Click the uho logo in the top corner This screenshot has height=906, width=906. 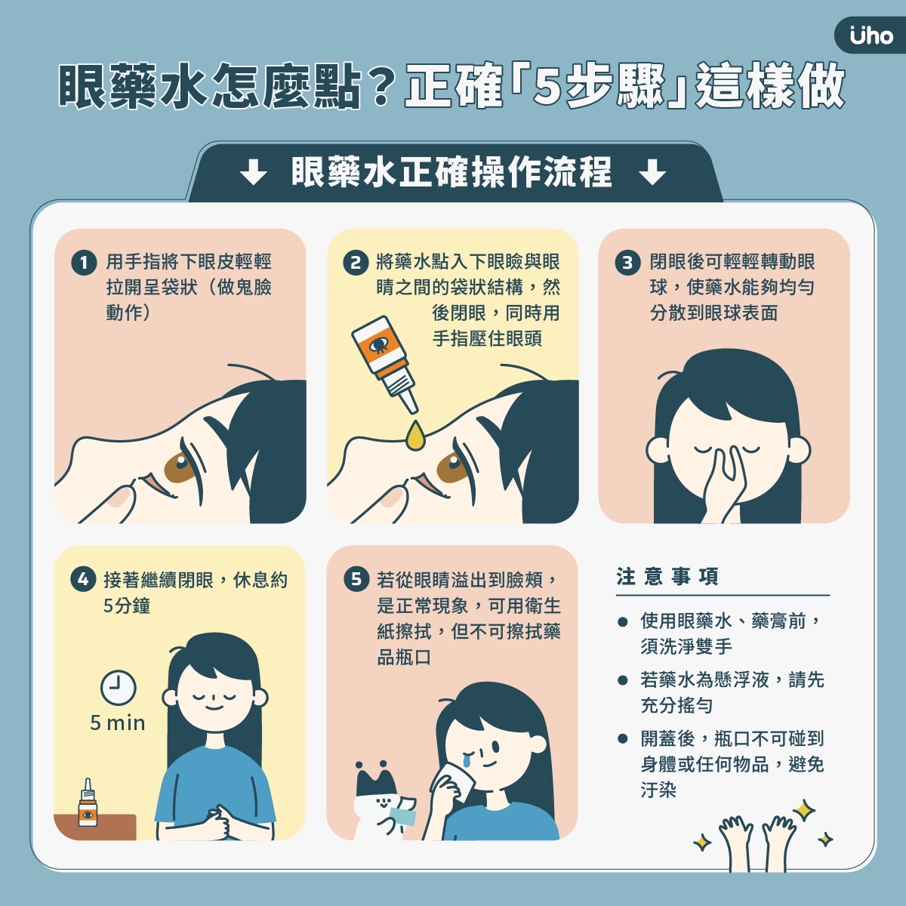pyautogui.click(x=871, y=35)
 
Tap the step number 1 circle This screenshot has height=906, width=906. pyautogui.click(x=84, y=263)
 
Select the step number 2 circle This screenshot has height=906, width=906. pyautogui.click(x=355, y=263)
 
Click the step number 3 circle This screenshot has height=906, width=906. pyautogui.click(x=627, y=263)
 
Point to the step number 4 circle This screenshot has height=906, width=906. pyautogui.click(x=83, y=580)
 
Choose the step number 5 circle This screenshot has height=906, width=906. pyautogui.click(x=356, y=580)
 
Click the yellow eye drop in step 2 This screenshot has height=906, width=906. pyautogui.click(x=414, y=436)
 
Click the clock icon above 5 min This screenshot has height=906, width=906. pyautogui.click(x=118, y=688)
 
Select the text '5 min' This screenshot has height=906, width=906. pyautogui.click(x=117, y=723)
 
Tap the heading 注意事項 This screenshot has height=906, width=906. pyautogui.click(x=667, y=578)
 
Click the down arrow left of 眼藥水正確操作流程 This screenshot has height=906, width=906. pyautogui.click(x=253, y=173)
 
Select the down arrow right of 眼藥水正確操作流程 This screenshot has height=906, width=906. pyautogui.click(x=652, y=173)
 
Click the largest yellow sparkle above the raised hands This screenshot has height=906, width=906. pyautogui.click(x=803, y=810)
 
